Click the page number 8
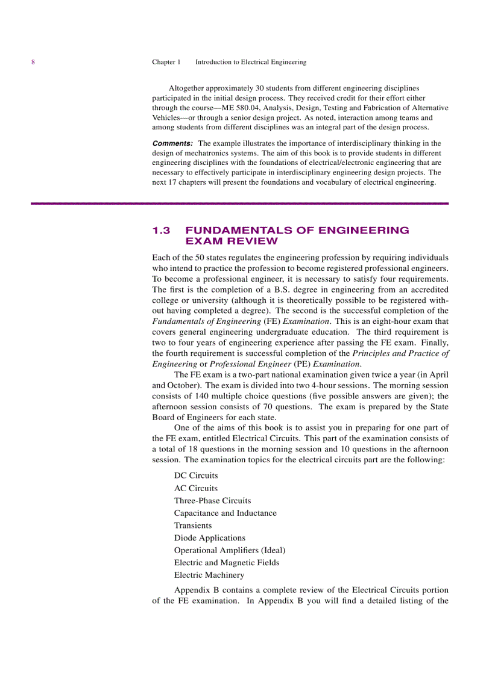tap(33, 62)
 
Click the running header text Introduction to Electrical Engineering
tap(250, 62)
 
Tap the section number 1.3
tap(162, 231)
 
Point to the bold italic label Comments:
tap(172, 143)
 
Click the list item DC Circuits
tap(196, 476)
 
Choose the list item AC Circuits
tap(196, 488)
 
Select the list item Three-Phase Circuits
tap(212, 501)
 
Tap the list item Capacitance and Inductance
tap(225, 513)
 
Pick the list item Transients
tap(193, 526)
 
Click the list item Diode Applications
tap(210, 538)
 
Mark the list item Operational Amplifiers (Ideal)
tap(230, 550)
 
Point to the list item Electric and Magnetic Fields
tap(227, 563)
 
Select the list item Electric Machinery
tap(209, 575)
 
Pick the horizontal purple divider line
tap(240, 203)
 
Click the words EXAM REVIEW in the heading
tap(232, 241)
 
